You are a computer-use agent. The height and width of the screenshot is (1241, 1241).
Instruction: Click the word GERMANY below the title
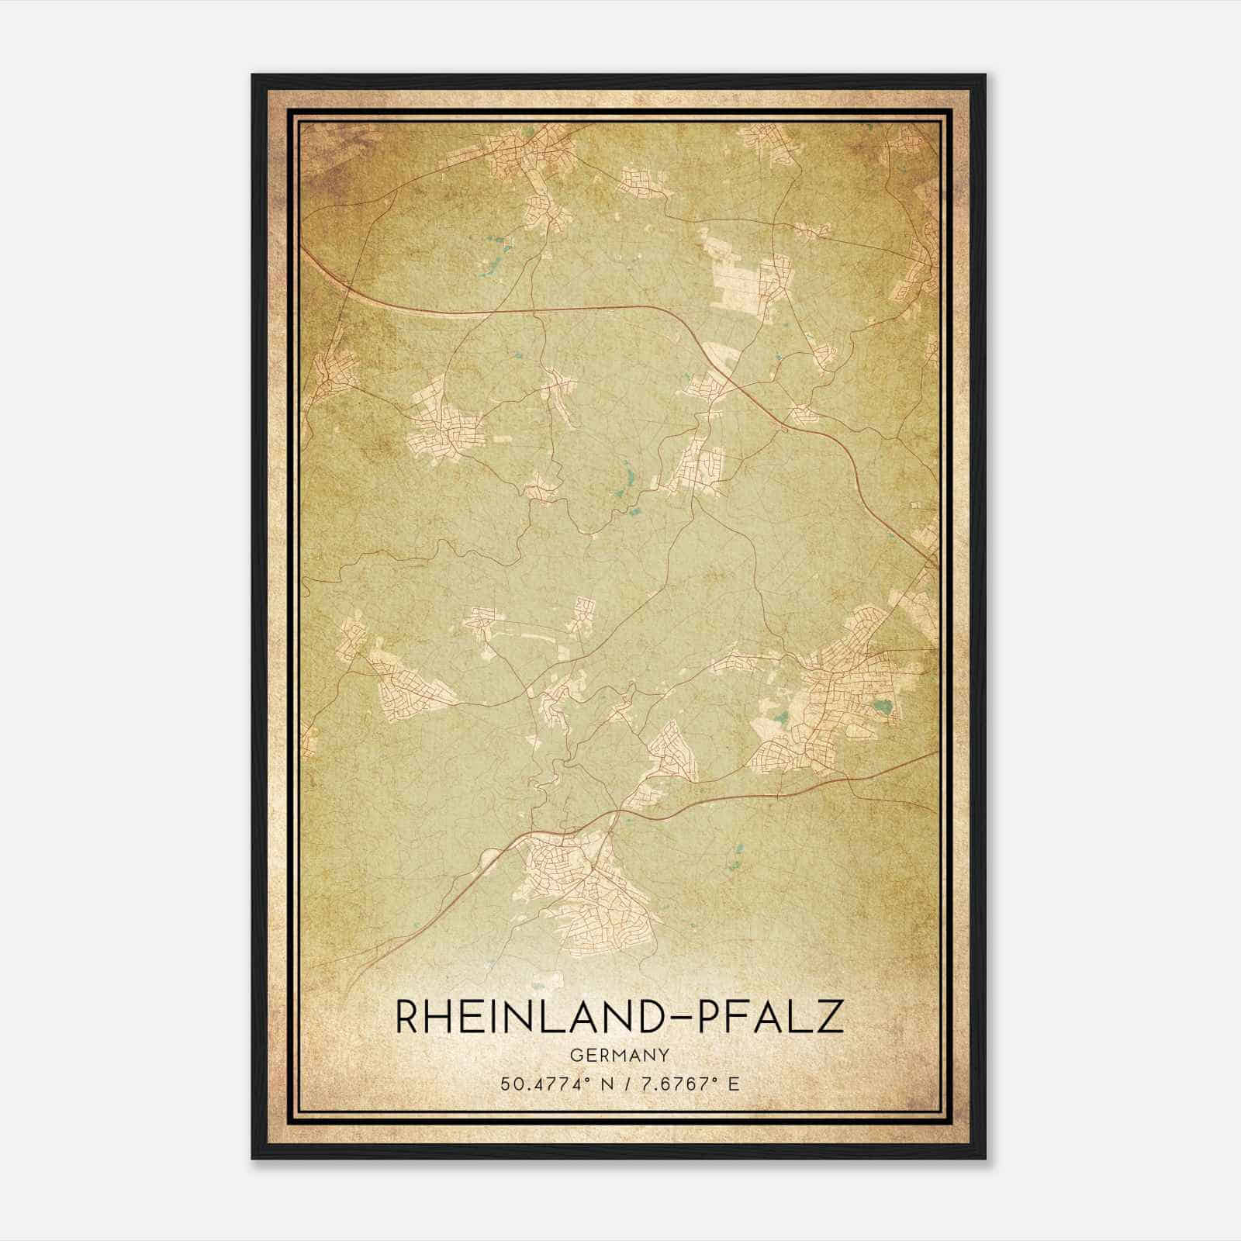(619, 1055)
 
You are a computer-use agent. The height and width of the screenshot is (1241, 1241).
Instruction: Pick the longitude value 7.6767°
(671, 1083)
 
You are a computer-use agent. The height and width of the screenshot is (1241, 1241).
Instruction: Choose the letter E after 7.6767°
(733, 1083)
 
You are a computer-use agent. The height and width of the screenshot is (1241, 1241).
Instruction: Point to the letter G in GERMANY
(575, 1055)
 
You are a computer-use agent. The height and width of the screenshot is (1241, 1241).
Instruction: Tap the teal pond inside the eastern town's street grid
(880, 706)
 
